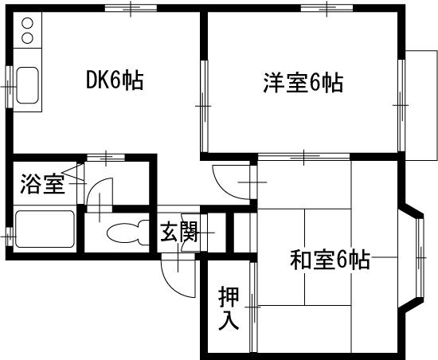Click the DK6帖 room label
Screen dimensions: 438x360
click(x=115, y=80)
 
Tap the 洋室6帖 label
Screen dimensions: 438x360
click(x=303, y=83)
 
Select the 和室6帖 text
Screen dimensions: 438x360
click(x=330, y=260)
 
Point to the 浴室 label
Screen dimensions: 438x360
click(x=43, y=184)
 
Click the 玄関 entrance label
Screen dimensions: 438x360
click(x=179, y=232)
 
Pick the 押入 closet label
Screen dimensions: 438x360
click(x=229, y=308)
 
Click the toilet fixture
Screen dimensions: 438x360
click(x=128, y=233)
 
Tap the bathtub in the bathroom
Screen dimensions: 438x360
click(x=45, y=229)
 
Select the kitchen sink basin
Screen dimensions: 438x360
click(x=27, y=85)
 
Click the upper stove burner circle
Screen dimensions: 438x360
click(x=27, y=22)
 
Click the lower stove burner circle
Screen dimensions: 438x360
click(x=27, y=37)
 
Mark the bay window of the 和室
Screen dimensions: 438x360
click(x=412, y=257)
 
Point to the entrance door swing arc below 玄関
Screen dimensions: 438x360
click(x=171, y=283)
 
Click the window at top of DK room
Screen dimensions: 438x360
click(x=131, y=8)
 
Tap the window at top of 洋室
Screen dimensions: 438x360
click(x=327, y=8)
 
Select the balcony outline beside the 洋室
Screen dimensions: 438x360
click(x=421, y=105)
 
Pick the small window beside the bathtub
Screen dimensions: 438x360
click(x=10, y=237)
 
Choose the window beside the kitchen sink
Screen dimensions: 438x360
click(x=10, y=87)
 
